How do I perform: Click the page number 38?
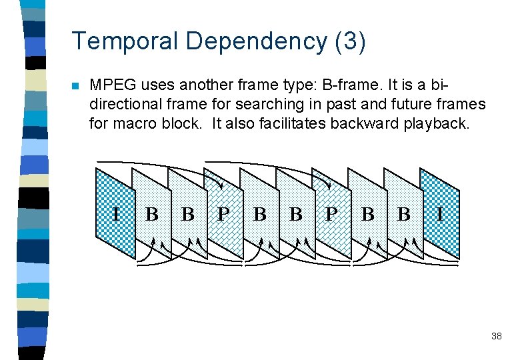pos(496,337)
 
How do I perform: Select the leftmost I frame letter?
pos(116,214)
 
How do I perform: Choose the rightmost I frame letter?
pos(439,214)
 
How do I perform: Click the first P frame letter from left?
pos(224,214)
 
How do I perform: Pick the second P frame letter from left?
pos(331,214)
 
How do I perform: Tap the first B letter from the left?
pos(152,214)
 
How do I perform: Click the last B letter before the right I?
pos(404,214)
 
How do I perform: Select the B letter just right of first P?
pos(260,214)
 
